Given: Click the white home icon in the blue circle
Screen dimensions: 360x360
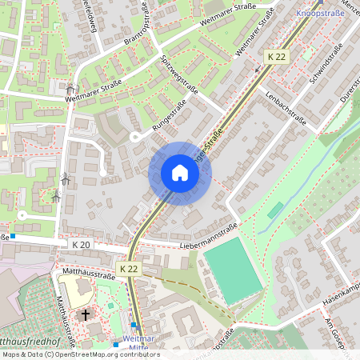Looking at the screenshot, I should pyautogui.click(x=179, y=173).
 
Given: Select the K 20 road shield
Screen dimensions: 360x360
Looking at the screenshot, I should pyautogui.click(x=81, y=244).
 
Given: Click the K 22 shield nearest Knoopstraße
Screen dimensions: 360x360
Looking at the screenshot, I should pyautogui.click(x=276, y=57).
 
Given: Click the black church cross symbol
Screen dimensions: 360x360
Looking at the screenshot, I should pyautogui.click(x=84, y=315).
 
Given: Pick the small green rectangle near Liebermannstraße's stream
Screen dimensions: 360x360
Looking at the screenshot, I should pyautogui.click(x=275, y=210).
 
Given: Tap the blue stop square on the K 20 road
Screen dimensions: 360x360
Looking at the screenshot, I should pyautogui.click(x=12, y=236).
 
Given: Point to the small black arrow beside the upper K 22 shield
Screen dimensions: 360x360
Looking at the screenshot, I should pyautogui.click(x=257, y=70).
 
